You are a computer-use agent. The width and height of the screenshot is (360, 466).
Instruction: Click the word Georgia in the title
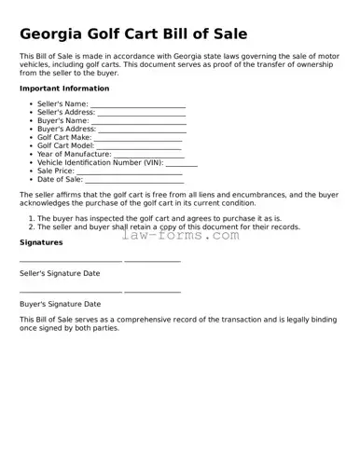click(x=58, y=34)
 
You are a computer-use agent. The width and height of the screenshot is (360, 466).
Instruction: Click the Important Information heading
click(x=64, y=89)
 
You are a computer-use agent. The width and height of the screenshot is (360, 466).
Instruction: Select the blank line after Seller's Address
click(x=142, y=113)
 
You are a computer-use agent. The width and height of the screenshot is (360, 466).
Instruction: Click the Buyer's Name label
click(x=63, y=120)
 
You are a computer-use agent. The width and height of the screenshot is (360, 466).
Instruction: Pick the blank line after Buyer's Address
click(x=142, y=130)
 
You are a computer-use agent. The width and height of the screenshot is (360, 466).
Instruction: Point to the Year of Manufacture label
click(x=74, y=154)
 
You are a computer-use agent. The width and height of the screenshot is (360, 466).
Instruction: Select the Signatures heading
click(x=41, y=242)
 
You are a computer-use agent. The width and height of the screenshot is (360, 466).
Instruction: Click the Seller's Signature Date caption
click(x=60, y=273)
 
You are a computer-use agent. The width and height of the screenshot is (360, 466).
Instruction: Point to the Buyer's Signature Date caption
click(x=60, y=304)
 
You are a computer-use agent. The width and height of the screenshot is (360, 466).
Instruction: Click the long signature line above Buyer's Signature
click(x=70, y=292)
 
